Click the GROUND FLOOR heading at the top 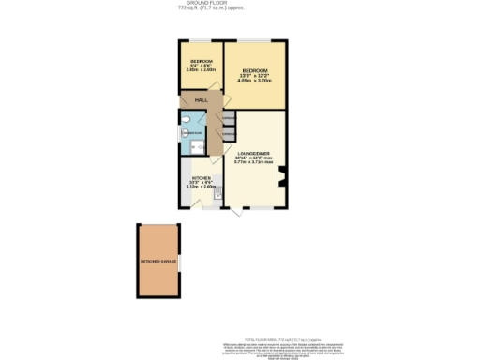click(239, 5)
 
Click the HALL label click(201, 100)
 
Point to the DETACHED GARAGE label click(157, 262)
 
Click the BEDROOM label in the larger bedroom click(255, 71)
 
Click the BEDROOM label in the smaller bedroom click(201, 61)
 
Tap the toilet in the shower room click(187, 119)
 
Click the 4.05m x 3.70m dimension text click(255, 82)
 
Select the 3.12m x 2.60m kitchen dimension click(201, 187)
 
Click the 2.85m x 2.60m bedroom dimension click(201, 70)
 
